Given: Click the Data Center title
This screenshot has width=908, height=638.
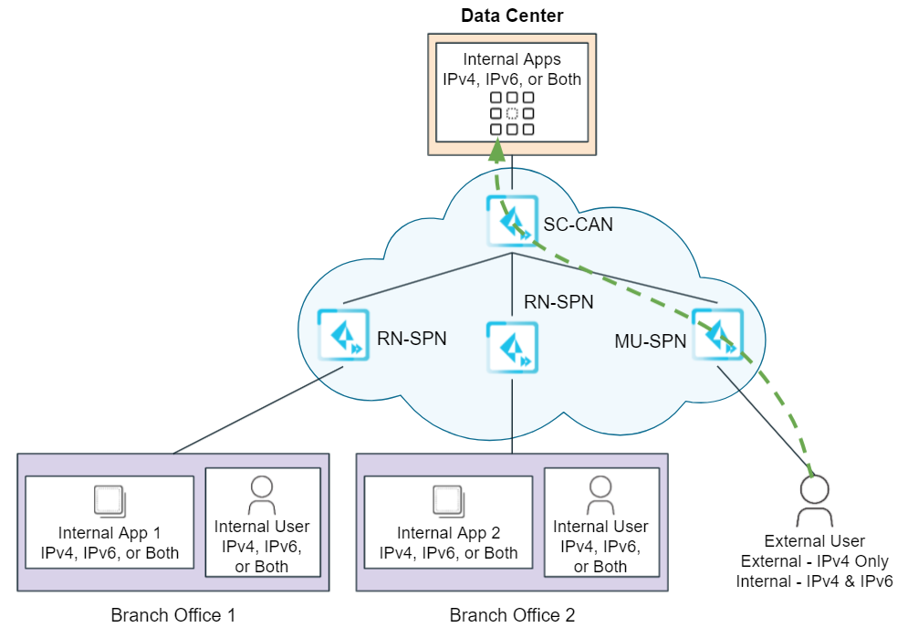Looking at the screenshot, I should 511,15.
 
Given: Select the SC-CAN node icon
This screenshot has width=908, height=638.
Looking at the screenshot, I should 511,222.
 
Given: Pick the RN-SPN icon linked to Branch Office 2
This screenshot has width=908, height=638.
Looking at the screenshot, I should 511,348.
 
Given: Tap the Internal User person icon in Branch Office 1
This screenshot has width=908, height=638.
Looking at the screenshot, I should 262,496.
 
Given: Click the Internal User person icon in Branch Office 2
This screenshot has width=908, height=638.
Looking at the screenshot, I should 600,496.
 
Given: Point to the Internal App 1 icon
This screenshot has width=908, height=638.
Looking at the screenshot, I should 110,500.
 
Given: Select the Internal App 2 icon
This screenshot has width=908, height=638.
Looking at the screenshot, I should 448,500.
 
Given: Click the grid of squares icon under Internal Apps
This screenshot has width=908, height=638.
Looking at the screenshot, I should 511,113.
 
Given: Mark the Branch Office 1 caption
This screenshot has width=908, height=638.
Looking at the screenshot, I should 173,614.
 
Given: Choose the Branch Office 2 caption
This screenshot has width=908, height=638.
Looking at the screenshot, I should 512,614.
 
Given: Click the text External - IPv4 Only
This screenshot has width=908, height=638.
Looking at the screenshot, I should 815,561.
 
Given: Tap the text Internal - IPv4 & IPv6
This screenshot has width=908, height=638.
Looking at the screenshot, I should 815,580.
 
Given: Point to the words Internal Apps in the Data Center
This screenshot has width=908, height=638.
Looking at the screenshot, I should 511,59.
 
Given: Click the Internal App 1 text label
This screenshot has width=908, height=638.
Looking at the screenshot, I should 110,533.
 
